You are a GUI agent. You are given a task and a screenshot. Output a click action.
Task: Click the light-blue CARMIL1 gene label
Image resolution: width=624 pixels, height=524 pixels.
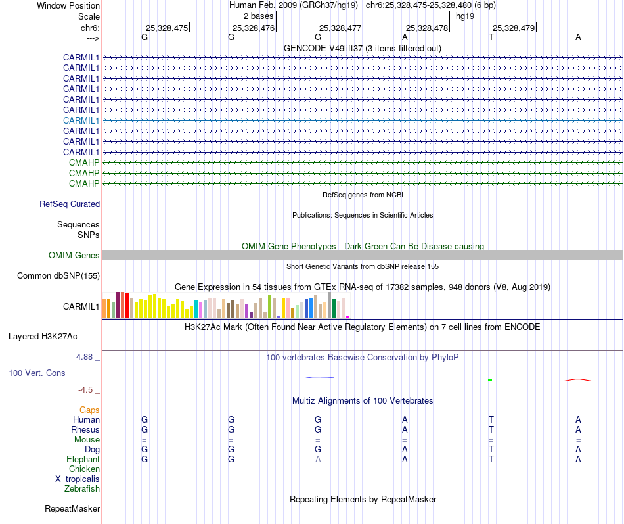point(81,120)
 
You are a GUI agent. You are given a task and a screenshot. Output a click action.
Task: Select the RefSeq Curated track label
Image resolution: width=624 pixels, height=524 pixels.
point(70,204)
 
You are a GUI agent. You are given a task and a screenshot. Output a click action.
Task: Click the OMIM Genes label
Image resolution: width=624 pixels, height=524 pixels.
point(74,255)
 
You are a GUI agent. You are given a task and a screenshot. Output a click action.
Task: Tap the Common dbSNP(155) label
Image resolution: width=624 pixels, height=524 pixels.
point(58,275)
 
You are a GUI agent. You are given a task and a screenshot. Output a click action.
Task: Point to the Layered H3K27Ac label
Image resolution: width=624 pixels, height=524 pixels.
point(43,336)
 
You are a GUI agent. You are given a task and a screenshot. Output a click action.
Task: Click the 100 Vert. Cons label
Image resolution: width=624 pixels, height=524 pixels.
point(37,373)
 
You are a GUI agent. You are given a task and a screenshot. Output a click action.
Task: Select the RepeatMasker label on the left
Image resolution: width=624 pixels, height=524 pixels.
point(72,508)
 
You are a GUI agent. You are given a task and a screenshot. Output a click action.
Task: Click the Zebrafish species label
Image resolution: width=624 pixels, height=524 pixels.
point(82,488)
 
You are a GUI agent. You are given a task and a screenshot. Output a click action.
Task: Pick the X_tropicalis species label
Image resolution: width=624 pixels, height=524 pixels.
point(78,479)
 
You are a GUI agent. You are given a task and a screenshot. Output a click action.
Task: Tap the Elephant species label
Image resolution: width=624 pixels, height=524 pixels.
point(83,459)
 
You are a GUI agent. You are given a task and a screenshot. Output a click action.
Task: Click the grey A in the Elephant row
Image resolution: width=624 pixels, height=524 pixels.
point(318,459)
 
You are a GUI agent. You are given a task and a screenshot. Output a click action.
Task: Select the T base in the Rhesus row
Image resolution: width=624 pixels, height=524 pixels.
point(491,429)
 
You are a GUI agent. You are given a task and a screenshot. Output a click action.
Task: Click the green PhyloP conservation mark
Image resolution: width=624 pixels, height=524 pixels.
point(490,379)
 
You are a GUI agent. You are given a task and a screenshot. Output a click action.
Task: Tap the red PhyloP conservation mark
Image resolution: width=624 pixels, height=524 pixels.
point(578,379)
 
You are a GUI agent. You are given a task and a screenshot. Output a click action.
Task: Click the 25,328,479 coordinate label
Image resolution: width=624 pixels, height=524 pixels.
point(514,28)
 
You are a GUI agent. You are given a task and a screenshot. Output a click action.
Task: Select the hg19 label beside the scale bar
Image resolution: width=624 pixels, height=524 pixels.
point(465,16)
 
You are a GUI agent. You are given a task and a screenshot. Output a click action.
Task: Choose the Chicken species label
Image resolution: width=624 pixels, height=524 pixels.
point(84,469)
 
